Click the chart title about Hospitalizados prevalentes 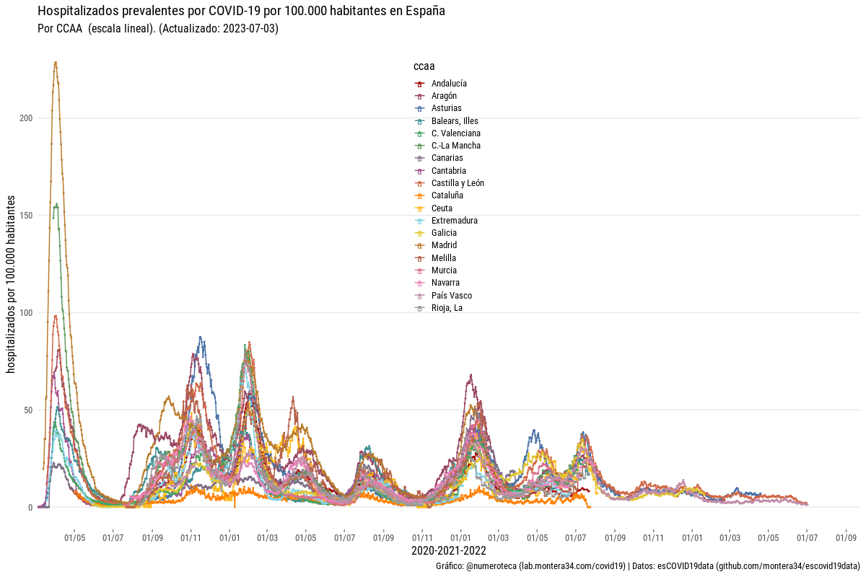pyautogui.click(x=241, y=11)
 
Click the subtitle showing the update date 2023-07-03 pyautogui.click(x=157, y=29)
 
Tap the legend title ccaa pyautogui.click(x=424, y=66)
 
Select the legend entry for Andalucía pyautogui.click(x=449, y=84)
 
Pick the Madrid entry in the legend pyautogui.click(x=444, y=245)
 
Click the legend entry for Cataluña pyautogui.click(x=447, y=195)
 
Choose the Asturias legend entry pyautogui.click(x=446, y=108)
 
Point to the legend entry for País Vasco pyautogui.click(x=451, y=296)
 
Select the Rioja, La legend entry pyautogui.click(x=447, y=308)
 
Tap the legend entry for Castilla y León pyautogui.click(x=458, y=183)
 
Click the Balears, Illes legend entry pyautogui.click(x=455, y=121)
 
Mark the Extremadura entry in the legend pyautogui.click(x=454, y=221)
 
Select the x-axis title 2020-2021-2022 pyautogui.click(x=448, y=551)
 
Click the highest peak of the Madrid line pyautogui.click(x=56, y=63)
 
